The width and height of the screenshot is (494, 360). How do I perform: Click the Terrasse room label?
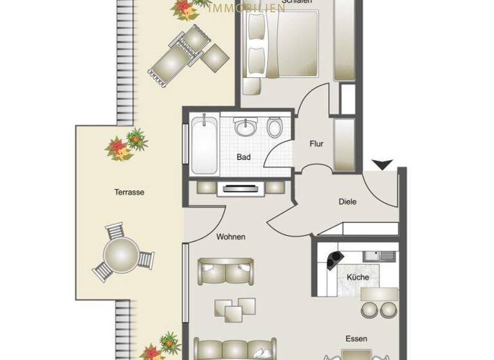click(129, 192)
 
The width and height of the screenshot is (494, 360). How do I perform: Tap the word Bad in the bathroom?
click(243, 157)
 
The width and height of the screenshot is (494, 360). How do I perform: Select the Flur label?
click(316, 144)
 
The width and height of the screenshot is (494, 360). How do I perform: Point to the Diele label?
click(347, 202)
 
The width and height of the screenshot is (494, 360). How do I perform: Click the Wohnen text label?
click(230, 237)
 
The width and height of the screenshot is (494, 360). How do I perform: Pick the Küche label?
click(358, 277)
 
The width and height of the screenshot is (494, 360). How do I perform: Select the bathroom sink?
click(244, 128)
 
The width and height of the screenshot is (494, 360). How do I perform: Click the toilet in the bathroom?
click(274, 127)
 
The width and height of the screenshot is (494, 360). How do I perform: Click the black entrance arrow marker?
click(382, 166)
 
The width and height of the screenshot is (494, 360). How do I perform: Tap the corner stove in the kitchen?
click(334, 260)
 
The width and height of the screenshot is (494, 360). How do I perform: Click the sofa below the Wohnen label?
click(226, 272)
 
